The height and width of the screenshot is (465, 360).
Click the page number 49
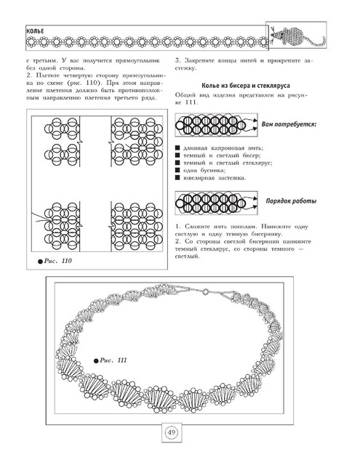coord(172,432)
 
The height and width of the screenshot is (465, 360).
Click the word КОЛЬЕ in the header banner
coord(35,31)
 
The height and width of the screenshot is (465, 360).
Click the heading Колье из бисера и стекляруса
coord(246,86)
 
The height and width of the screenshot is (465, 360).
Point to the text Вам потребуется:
coord(289,124)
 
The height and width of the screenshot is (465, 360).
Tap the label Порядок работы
coord(291,201)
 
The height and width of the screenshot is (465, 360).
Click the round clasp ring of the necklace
coord(205,292)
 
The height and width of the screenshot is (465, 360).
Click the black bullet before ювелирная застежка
coord(177,177)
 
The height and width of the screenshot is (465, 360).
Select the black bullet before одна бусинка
coord(177,170)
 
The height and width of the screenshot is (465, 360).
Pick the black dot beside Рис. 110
coord(40,262)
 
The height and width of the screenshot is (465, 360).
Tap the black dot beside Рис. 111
coord(96,361)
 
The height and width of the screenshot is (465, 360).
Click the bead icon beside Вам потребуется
coord(216,125)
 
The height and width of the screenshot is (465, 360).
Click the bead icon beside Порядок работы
coord(216,203)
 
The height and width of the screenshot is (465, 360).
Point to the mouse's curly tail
coord(316,42)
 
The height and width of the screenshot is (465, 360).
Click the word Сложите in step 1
coord(197,227)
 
